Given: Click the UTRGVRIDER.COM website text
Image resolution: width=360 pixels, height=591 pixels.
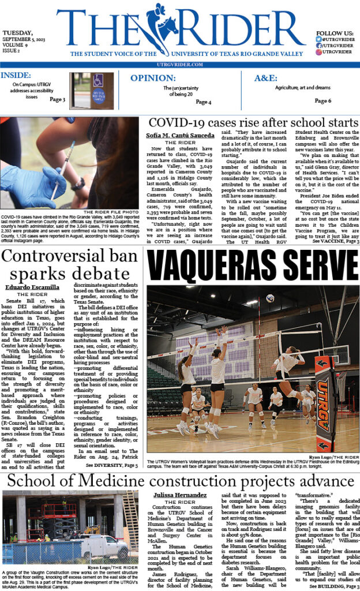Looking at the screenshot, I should click(179, 65).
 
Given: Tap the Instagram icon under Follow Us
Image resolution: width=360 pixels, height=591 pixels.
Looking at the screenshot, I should click(318, 52).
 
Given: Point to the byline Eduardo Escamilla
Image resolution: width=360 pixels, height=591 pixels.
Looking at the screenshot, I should click(32, 287).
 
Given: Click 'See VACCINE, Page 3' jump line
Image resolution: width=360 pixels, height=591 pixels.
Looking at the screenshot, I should click(335, 241).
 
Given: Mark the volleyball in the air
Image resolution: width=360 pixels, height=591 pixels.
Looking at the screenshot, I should click(270, 298).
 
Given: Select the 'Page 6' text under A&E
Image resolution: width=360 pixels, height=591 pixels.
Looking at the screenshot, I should click(322, 101).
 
